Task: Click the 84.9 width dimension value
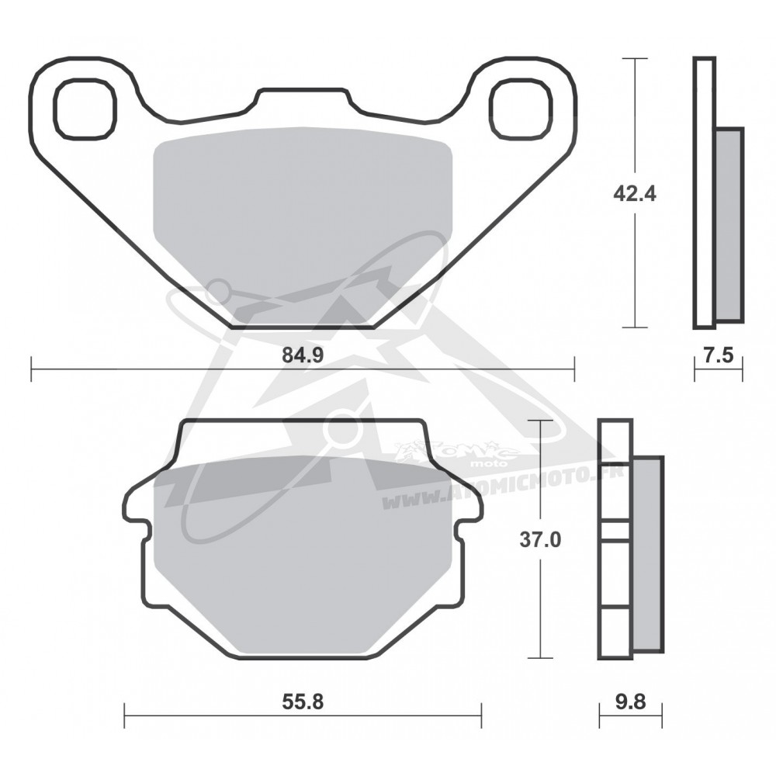[303, 355]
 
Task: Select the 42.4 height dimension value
[635, 193]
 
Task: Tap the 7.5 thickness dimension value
[718, 355]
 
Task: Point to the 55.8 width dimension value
[303, 702]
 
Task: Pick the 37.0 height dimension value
[540, 539]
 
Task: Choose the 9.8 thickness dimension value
[630, 702]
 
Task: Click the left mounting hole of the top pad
[85, 109]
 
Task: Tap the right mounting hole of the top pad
[520, 109]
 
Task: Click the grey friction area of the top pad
[303, 218]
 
